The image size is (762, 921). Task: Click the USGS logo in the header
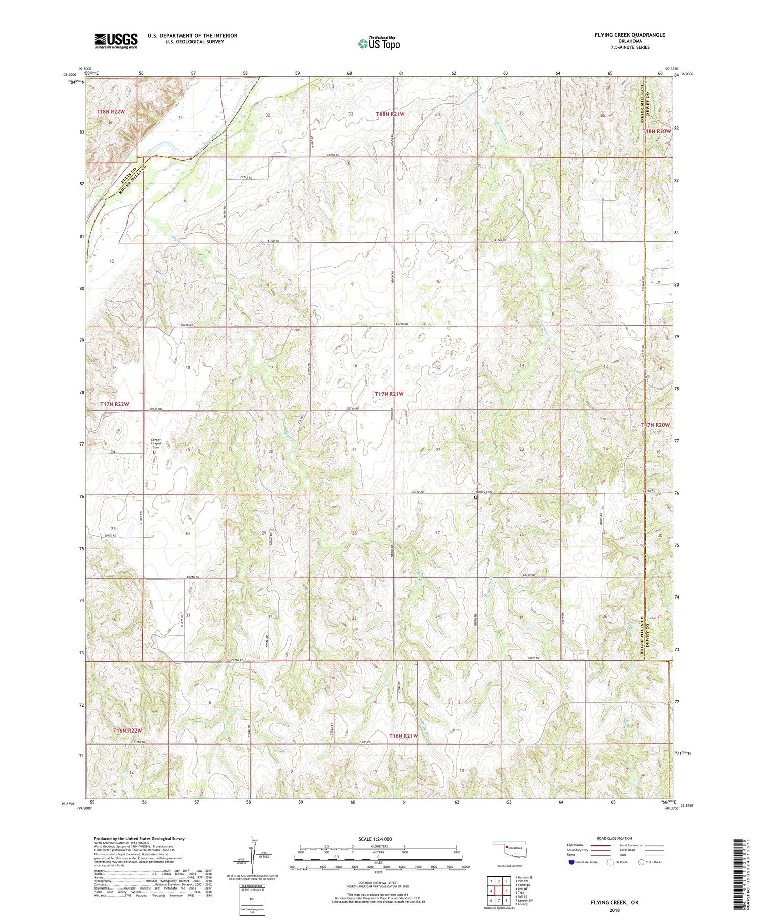116,41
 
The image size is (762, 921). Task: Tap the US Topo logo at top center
379,44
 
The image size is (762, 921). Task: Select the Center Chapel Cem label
155,443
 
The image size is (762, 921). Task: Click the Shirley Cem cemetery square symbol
475,498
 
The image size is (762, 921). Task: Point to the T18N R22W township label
110,111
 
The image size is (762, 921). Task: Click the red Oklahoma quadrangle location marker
507,846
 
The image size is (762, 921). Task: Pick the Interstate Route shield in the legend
571,862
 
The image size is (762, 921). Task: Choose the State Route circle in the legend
642,862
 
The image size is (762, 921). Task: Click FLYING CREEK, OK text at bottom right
614,903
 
